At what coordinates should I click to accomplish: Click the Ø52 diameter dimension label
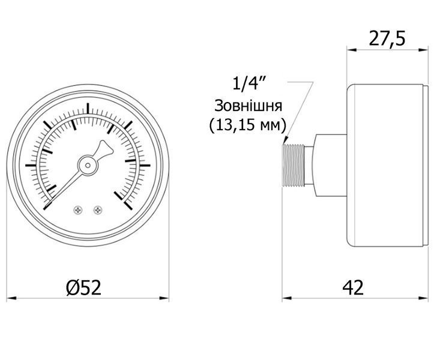pyautogui.click(x=83, y=287)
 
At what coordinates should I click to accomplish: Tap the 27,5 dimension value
pyautogui.click(x=387, y=38)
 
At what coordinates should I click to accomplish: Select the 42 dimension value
pyautogui.click(x=353, y=287)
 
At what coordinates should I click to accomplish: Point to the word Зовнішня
pyautogui.click(x=248, y=106)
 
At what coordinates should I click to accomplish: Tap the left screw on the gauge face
pyautogui.click(x=77, y=210)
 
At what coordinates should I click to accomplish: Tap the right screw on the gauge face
pyautogui.click(x=98, y=210)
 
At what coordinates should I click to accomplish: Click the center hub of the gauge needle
pyautogui.click(x=88, y=165)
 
